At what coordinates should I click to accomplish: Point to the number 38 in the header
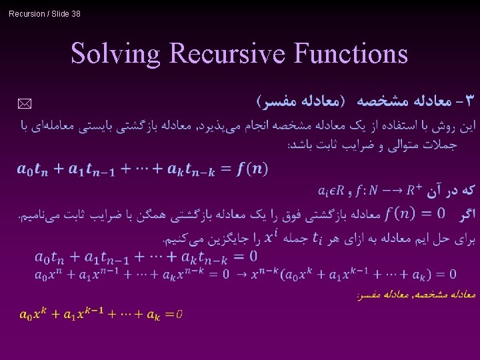tap(75, 13)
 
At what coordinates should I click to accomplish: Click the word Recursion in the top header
tap(27, 13)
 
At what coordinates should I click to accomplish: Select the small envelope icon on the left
tap(24, 103)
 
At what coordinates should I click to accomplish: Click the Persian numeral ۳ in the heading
tap(470, 101)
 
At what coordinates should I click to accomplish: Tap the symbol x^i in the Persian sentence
tap(271, 237)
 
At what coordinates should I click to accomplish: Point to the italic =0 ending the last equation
tap(174, 315)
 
